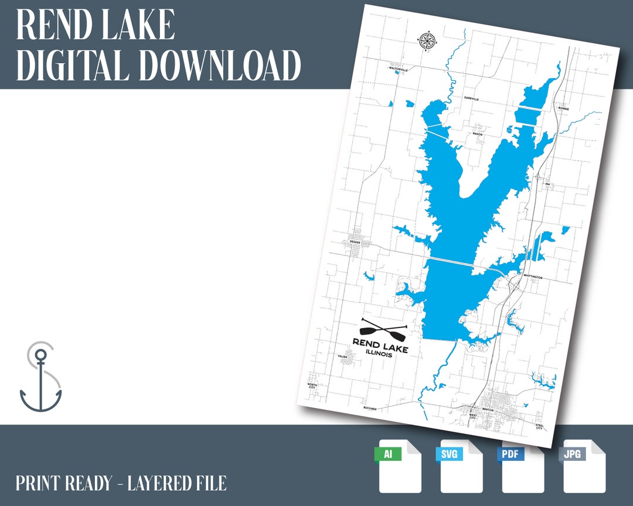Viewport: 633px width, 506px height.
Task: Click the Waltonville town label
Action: pyautogui.click(x=398, y=69)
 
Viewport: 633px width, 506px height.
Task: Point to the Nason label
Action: pyautogui.click(x=478, y=134)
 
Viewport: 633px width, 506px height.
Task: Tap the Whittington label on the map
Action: pyautogui.click(x=533, y=277)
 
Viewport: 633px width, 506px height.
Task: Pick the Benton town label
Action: pyautogui.click(x=488, y=409)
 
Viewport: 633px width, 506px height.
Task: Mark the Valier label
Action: pyautogui.click(x=343, y=356)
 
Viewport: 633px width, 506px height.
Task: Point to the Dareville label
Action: pyautogui.click(x=471, y=98)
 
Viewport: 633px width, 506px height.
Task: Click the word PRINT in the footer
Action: pyautogui.click(x=39, y=483)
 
